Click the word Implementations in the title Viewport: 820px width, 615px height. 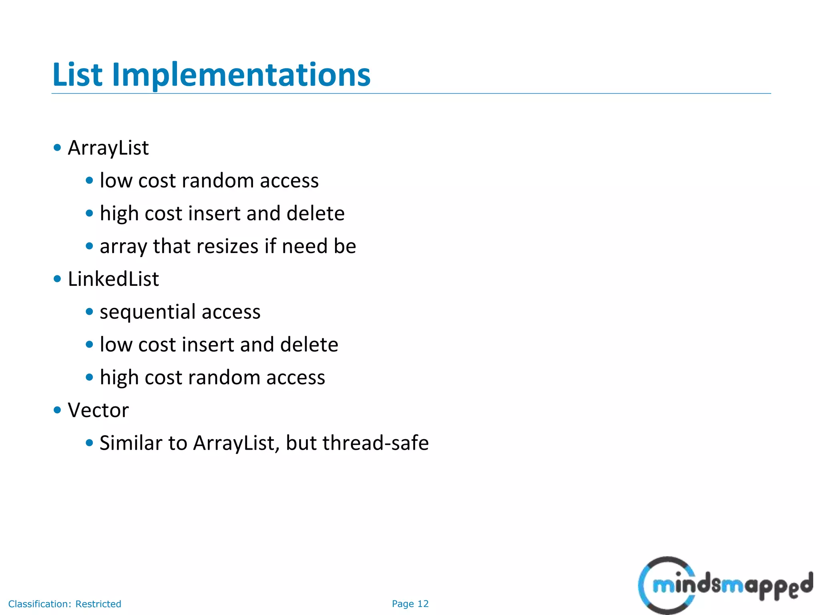(241, 75)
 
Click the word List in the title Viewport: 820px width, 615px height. (77, 75)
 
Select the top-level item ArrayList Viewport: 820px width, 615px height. (108, 148)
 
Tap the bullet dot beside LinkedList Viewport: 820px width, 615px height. (57, 279)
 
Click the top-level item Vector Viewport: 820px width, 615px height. (98, 410)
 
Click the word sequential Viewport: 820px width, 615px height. (148, 312)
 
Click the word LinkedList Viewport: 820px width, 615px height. (113, 279)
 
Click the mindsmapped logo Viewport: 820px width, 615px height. (725, 585)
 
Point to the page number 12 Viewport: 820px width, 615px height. (423, 604)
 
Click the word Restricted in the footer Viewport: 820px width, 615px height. (98, 604)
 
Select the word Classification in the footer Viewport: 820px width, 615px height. (39, 604)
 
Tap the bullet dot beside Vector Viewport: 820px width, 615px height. (57, 410)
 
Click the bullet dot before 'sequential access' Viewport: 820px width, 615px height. (89, 312)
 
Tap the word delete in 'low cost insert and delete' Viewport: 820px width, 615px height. (309, 344)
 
